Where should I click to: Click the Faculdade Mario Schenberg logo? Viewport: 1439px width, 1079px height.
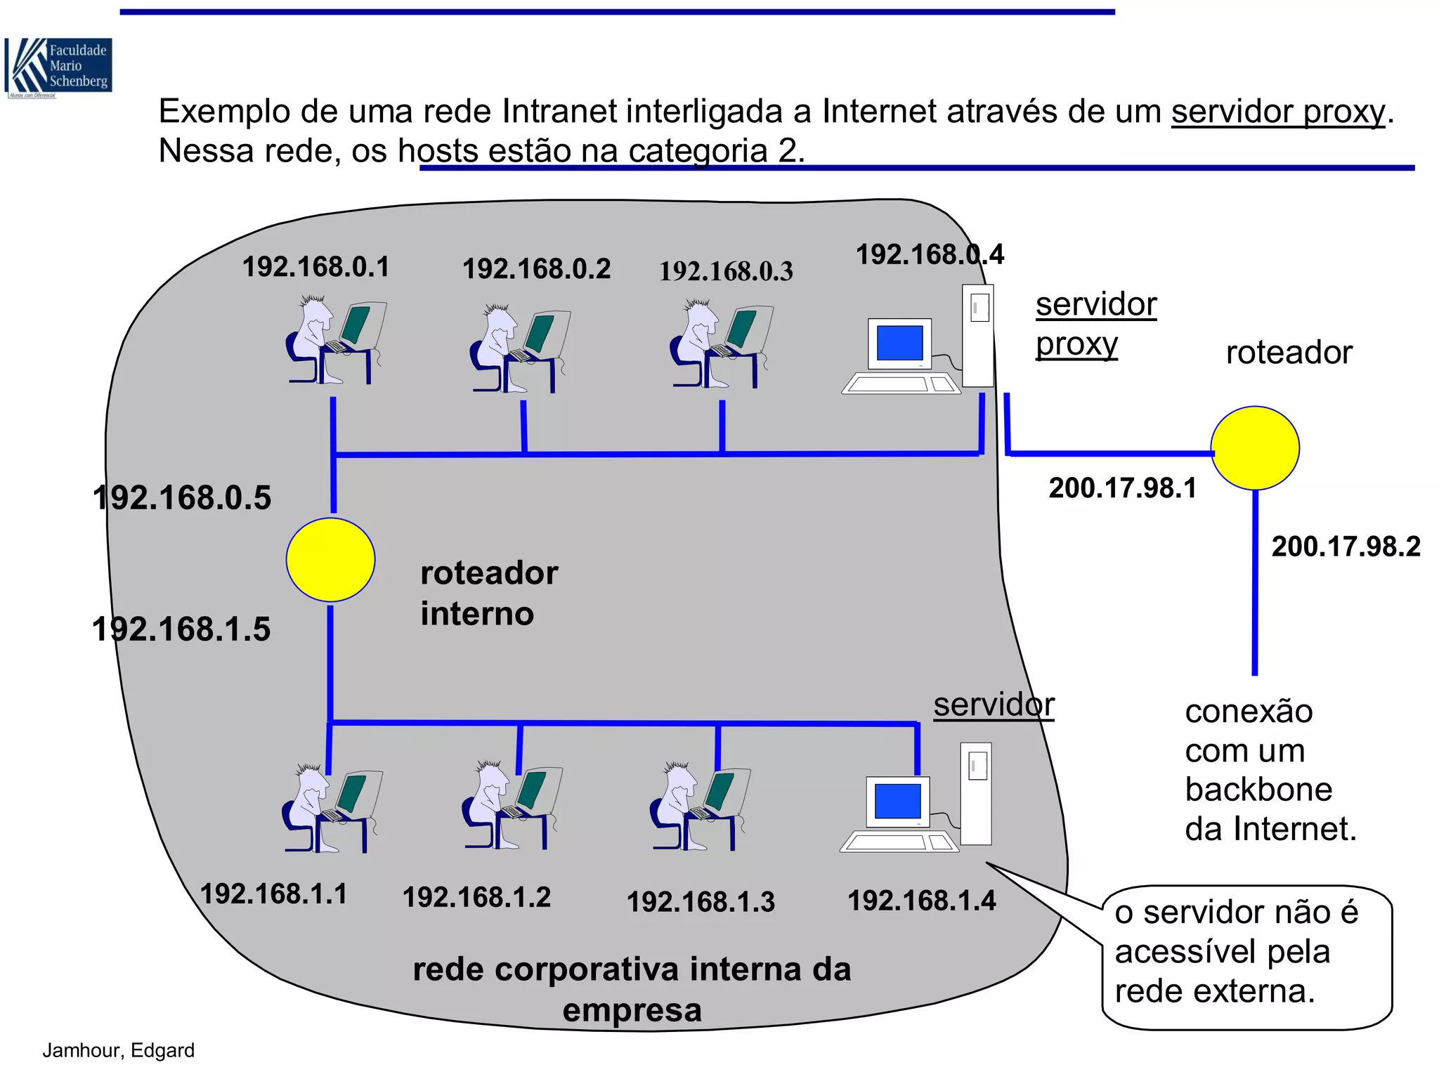click(x=58, y=67)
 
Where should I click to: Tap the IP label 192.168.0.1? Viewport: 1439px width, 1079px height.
click(x=315, y=267)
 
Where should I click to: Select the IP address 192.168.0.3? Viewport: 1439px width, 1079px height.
click(x=726, y=271)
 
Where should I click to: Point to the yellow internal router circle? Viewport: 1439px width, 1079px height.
click(x=330, y=560)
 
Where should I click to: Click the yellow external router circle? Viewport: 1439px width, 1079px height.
click(x=1255, y=448)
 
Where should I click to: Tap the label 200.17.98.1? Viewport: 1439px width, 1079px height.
click(x=1122, y=488)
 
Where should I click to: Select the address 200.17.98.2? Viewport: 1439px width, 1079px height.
click(x=1346, y=547)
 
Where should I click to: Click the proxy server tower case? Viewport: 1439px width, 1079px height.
click(x=977, y=335)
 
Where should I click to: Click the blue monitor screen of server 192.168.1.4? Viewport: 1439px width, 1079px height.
click(x=897, y=802)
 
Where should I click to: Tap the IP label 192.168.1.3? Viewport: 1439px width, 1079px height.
click(x=701, y=902)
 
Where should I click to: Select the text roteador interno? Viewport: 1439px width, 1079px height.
click(x=488, y=593)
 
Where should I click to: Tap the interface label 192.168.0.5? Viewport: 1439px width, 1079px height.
click(x=182, y=498)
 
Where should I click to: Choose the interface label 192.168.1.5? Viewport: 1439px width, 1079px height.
click(x=181, y=629)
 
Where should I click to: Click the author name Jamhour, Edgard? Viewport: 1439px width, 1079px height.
click(x=118, y=1050)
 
